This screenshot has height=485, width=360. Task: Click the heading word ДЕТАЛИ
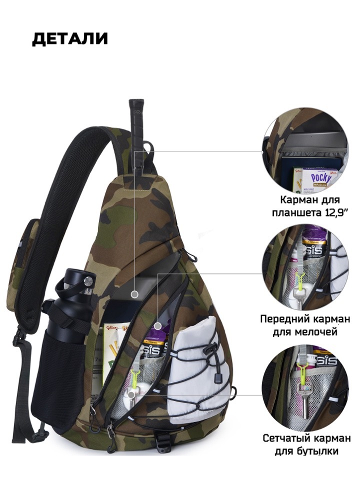point(69,39)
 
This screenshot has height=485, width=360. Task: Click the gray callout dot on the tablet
point(134,294)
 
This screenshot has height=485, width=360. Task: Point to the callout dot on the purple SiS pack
point(157,326)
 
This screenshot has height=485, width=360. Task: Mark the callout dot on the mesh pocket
point(130,394)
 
